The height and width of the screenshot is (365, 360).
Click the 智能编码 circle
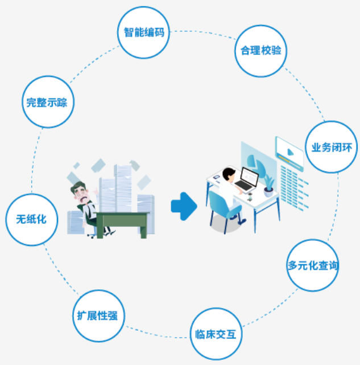[143, 32]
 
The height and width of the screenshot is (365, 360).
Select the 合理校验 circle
[260, 51]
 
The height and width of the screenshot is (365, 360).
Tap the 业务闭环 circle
[332, 147]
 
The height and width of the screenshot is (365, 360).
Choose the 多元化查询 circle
[313, 265]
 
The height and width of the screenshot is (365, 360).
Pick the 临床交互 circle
[216, 334]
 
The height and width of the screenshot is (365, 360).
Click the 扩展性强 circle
[98, 316]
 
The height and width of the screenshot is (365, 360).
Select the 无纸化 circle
[32, 219]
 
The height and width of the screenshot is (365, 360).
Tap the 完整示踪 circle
[48, 102]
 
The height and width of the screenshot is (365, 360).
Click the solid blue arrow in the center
[184, 206]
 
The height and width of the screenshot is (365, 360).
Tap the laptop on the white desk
[247, 181]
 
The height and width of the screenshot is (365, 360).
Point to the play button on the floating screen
[290, 153]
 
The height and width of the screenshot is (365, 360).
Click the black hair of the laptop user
[229, 174]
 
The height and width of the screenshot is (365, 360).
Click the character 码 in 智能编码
[160, 32]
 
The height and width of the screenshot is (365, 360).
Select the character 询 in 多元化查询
[333, 265]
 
